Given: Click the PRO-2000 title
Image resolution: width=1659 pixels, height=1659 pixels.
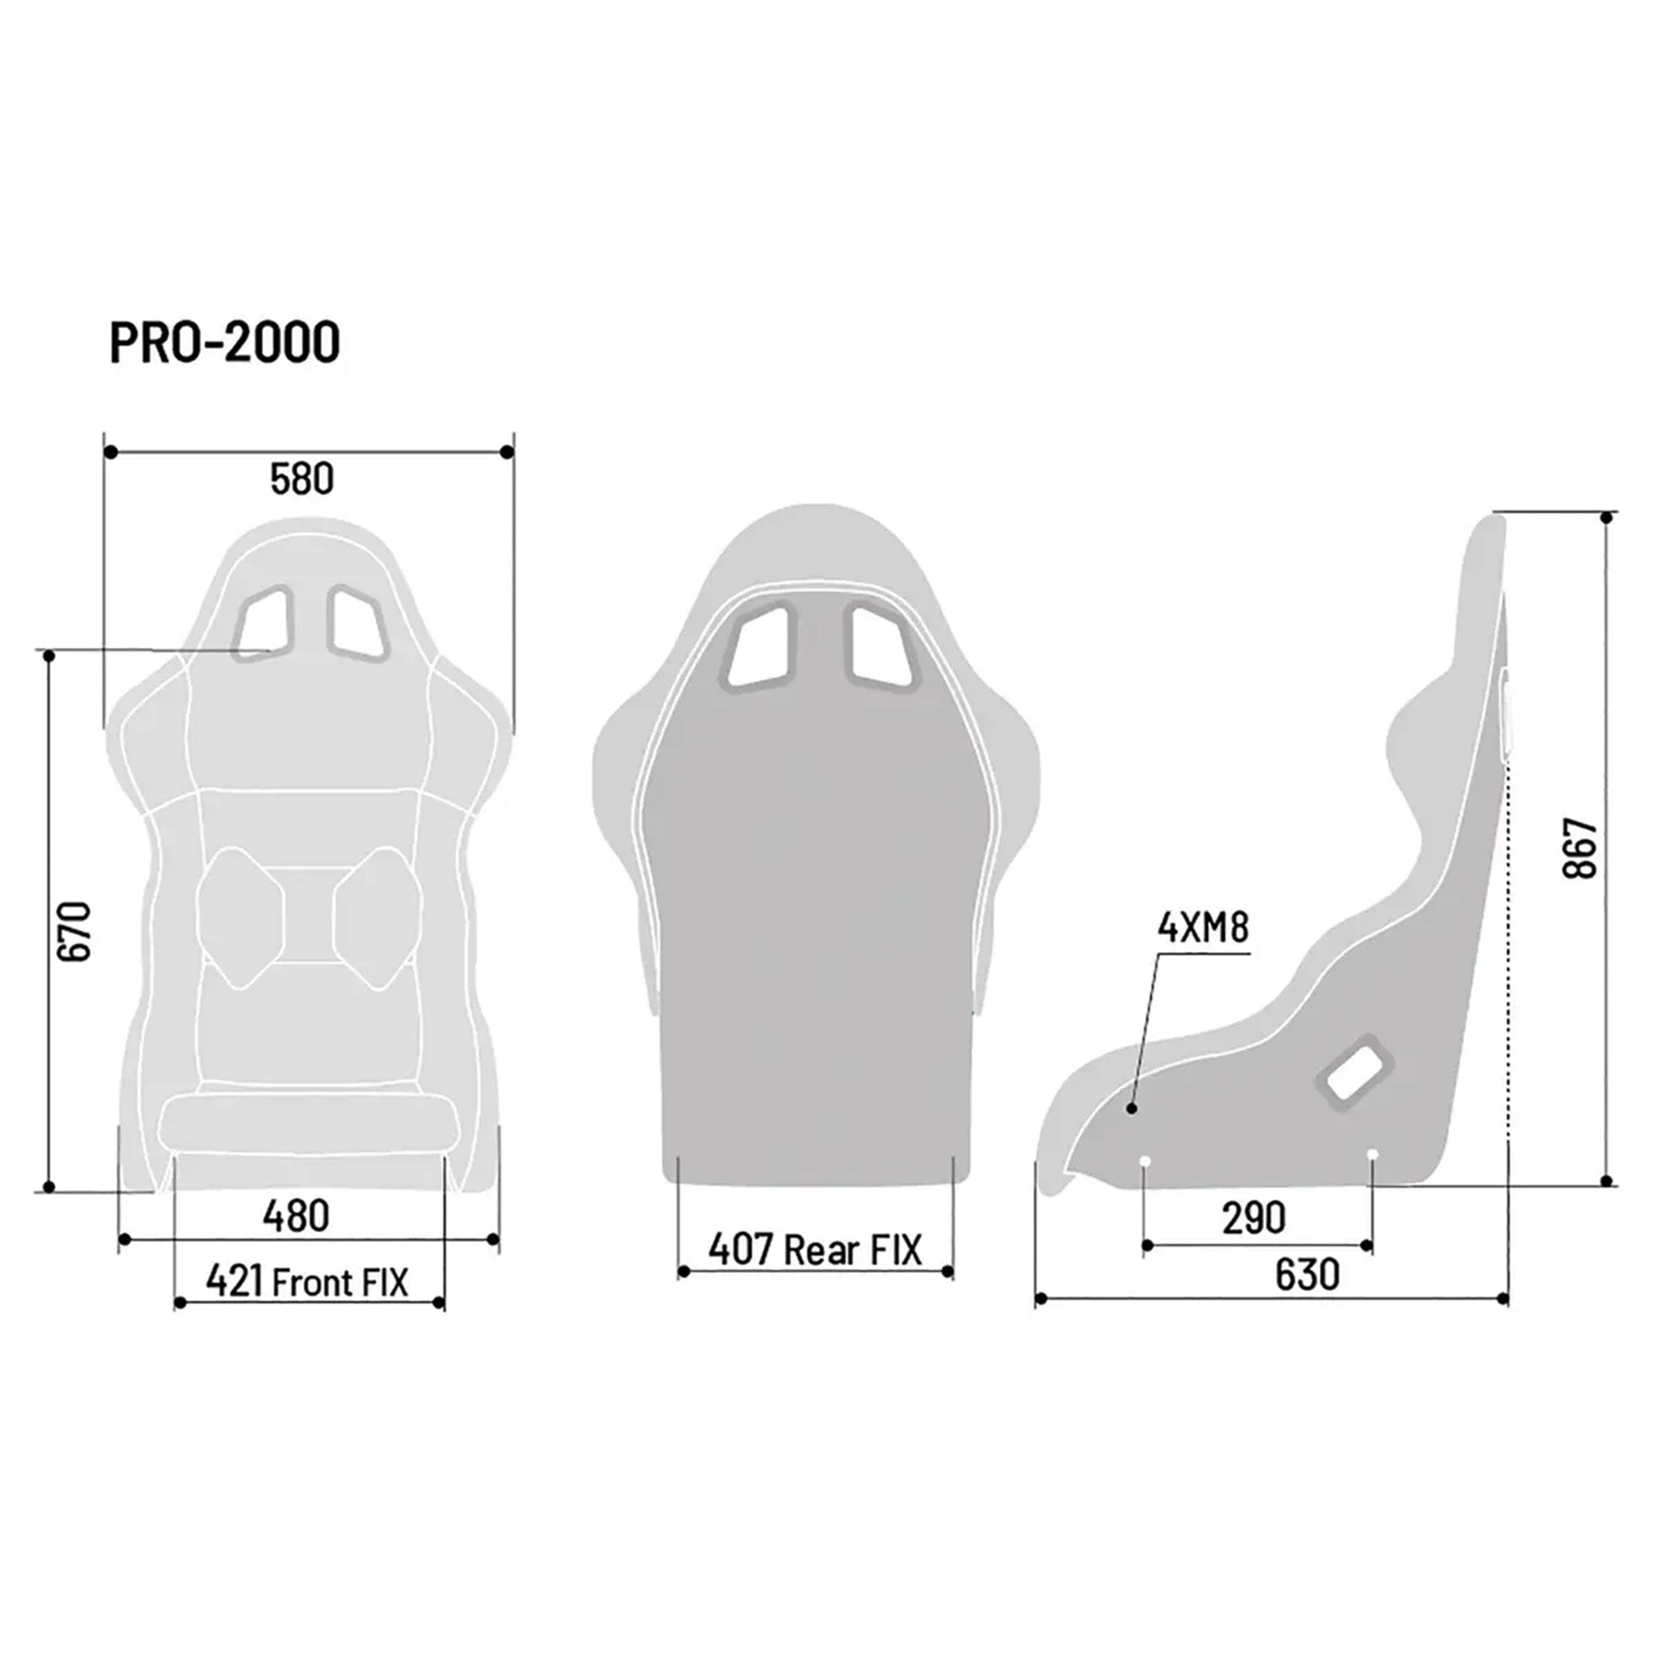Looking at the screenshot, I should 225,342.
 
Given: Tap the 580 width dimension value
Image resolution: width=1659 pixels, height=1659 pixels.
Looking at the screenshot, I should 301,480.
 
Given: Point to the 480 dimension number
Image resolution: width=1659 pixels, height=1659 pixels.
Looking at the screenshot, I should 296,1216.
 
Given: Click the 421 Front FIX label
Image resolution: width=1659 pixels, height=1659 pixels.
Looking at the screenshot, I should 307,1282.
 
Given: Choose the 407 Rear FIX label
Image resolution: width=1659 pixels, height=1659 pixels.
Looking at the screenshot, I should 814,1249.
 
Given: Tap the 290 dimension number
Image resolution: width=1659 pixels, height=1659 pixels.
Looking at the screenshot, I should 1254,1218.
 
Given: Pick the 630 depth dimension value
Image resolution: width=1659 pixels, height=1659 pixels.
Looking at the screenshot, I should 1307,1274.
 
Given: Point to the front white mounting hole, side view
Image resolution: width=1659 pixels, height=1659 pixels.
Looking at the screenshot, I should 1144,1162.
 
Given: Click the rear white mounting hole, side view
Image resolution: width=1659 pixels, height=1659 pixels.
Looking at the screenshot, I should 1371,1154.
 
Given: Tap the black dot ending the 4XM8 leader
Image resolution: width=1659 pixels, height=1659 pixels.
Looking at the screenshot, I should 1132,1109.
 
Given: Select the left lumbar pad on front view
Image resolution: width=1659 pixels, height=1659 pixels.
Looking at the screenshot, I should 240,916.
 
